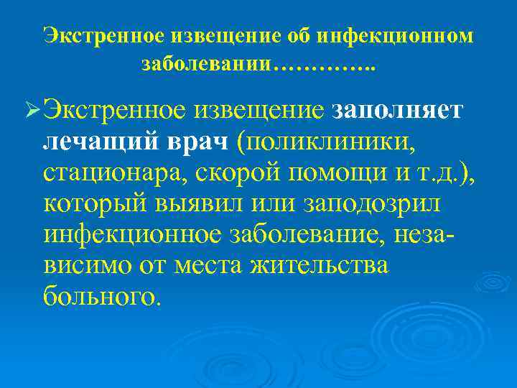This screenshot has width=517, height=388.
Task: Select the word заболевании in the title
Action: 207,64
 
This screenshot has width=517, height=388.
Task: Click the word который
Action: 93,204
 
